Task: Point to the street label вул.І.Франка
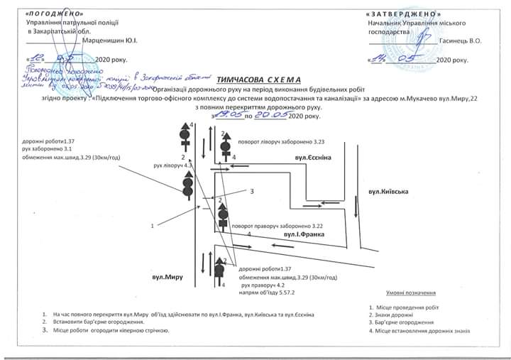tap(304, 233)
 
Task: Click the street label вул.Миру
tap(167, 276)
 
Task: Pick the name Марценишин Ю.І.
tap(114, 40)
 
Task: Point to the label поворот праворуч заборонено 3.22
tap(283, 225)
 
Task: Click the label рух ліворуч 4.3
tap(168, 165)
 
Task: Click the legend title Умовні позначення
tap(411, 293)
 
